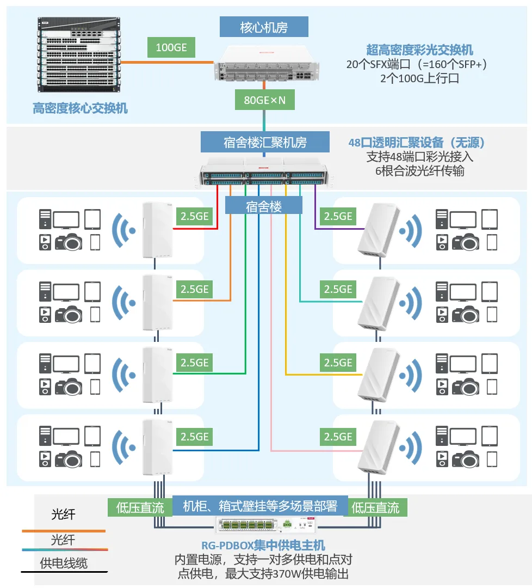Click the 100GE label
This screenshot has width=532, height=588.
(171, 48)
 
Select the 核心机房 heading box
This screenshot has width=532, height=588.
(264, 27)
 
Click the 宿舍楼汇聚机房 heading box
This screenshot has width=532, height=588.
(265, 142)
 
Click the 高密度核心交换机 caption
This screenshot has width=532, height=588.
(80, 108)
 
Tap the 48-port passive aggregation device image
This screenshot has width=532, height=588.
(264, 171)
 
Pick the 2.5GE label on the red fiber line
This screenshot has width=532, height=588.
(194, 216)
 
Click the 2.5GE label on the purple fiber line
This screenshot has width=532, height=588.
(338, 216)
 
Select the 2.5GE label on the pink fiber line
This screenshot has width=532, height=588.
(338, 437)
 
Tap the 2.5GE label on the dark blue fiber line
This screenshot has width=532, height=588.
(194, 437)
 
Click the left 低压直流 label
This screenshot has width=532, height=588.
(140, 508)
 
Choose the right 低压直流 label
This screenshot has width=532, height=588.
(375, 508)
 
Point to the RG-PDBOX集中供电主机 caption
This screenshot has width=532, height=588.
(263, 546)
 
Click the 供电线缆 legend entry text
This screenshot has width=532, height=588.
(64, 563)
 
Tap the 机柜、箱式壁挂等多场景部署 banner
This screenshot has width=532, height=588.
(259, 506)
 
